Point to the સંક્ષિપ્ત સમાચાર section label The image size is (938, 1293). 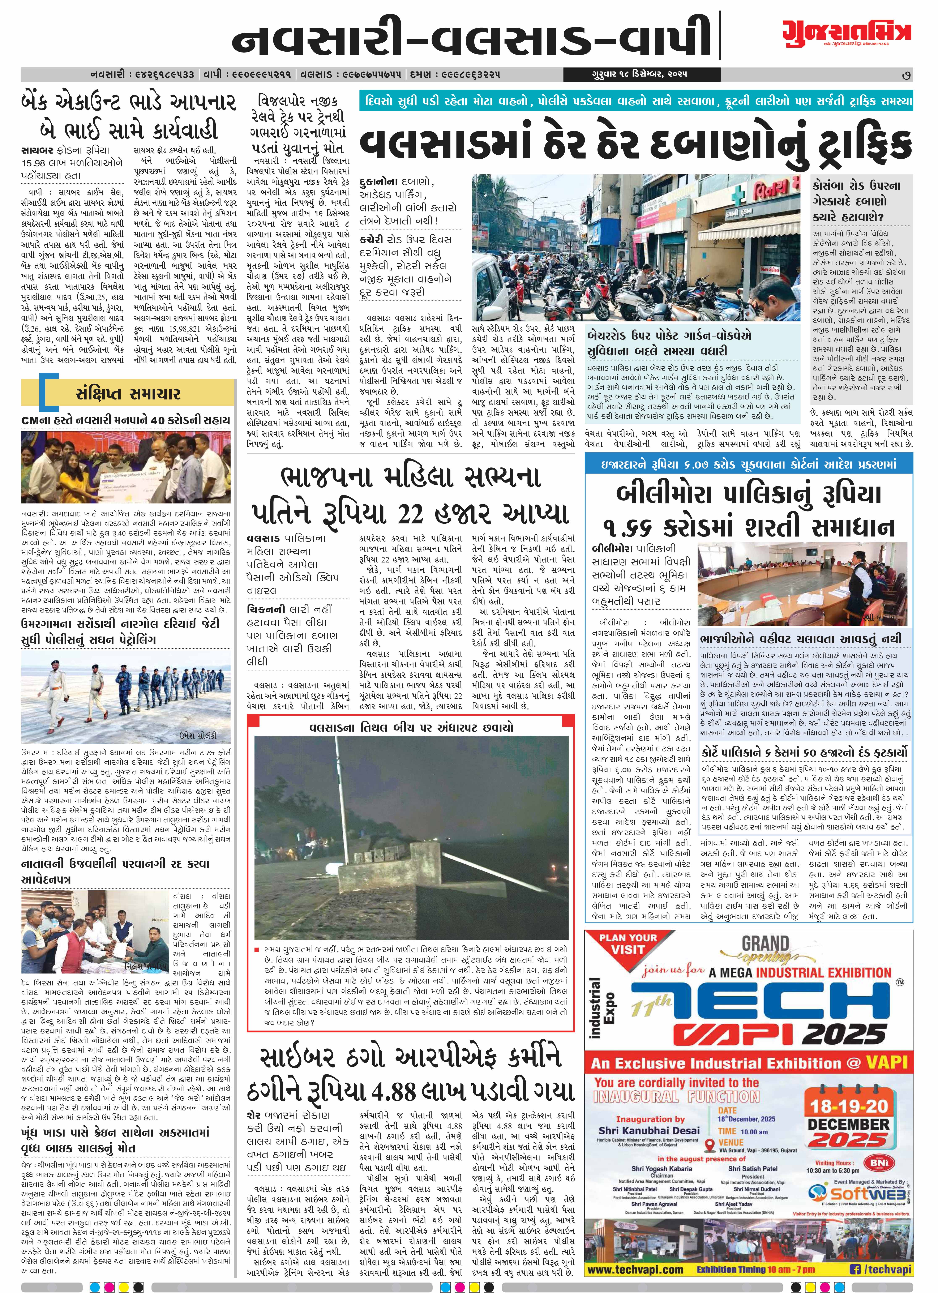pos(128,393)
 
